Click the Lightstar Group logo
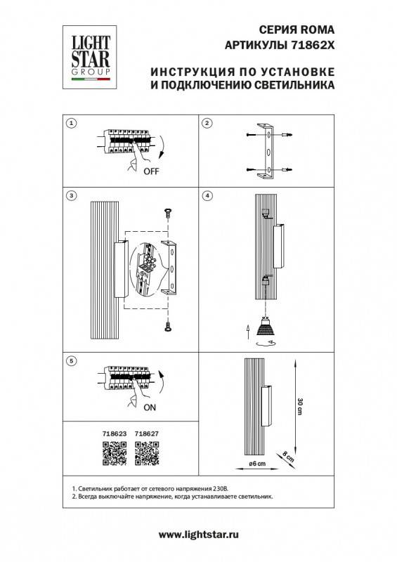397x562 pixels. point(89,54)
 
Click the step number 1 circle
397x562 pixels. point(70,124)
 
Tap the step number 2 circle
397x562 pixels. point(207,124)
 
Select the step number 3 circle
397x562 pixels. point(70,195)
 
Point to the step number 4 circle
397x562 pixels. point(207,195)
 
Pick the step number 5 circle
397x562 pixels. point(70,361)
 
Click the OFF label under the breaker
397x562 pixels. point(151,171)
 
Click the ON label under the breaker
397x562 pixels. point(150,407)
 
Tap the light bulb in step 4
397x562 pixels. point(264,326)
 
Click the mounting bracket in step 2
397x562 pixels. point(267,151)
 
